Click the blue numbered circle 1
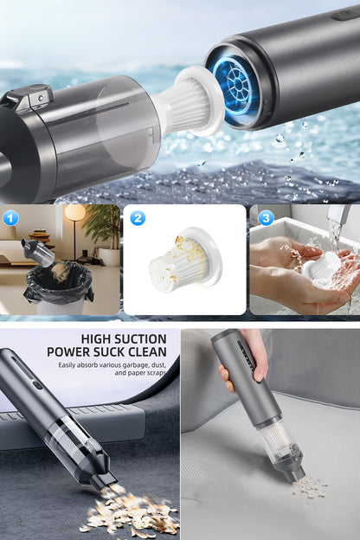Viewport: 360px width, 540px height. click(10, 218)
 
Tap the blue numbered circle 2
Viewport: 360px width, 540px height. click(138, 218)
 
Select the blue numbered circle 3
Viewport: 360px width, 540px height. click(266, 218)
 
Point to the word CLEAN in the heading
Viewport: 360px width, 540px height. click(147, 352)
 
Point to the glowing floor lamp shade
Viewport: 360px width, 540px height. click(74, 213)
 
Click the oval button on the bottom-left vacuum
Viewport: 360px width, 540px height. click(36, 385)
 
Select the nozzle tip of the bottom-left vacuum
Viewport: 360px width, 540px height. click(106, 481)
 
